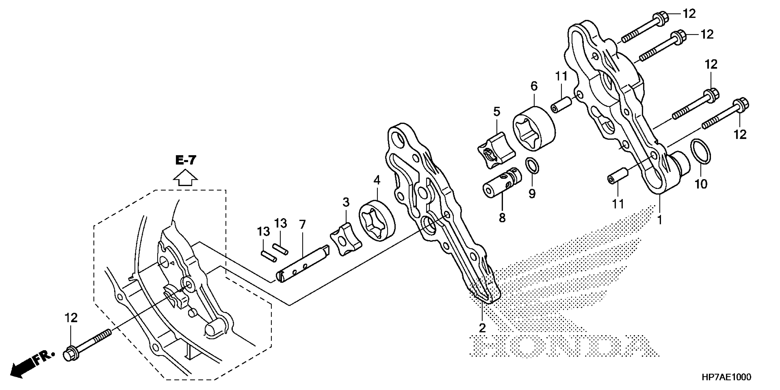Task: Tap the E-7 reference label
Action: click(x=186, y=160)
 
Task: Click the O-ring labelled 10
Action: click(x=700, y=152)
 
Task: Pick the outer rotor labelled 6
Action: click(x=534, y=127)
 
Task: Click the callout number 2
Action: click(x=482, y=328)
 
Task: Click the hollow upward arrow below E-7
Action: click(x=185, y=178)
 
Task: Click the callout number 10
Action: click(x=701, y=184)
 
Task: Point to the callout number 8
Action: click(x=502, y=217)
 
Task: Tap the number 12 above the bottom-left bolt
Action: click(x=71, y=318)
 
